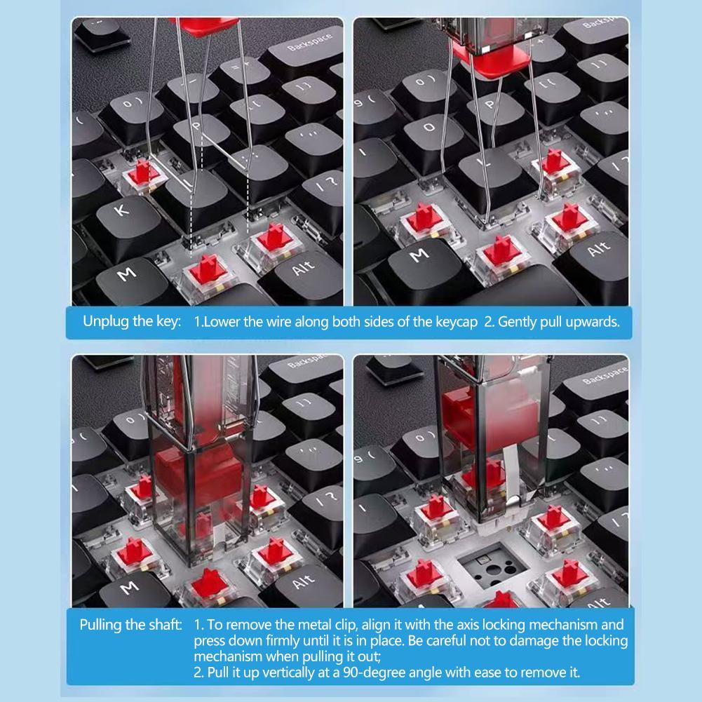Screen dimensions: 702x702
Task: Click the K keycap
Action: point(121,212)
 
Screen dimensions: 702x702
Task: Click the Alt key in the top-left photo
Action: point(304,269)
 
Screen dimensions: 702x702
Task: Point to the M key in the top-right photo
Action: point(419,257)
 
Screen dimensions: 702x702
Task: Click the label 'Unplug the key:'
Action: point(133,322)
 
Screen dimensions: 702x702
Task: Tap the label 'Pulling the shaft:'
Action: point(130,624)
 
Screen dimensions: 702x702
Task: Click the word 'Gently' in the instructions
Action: point(520,322)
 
